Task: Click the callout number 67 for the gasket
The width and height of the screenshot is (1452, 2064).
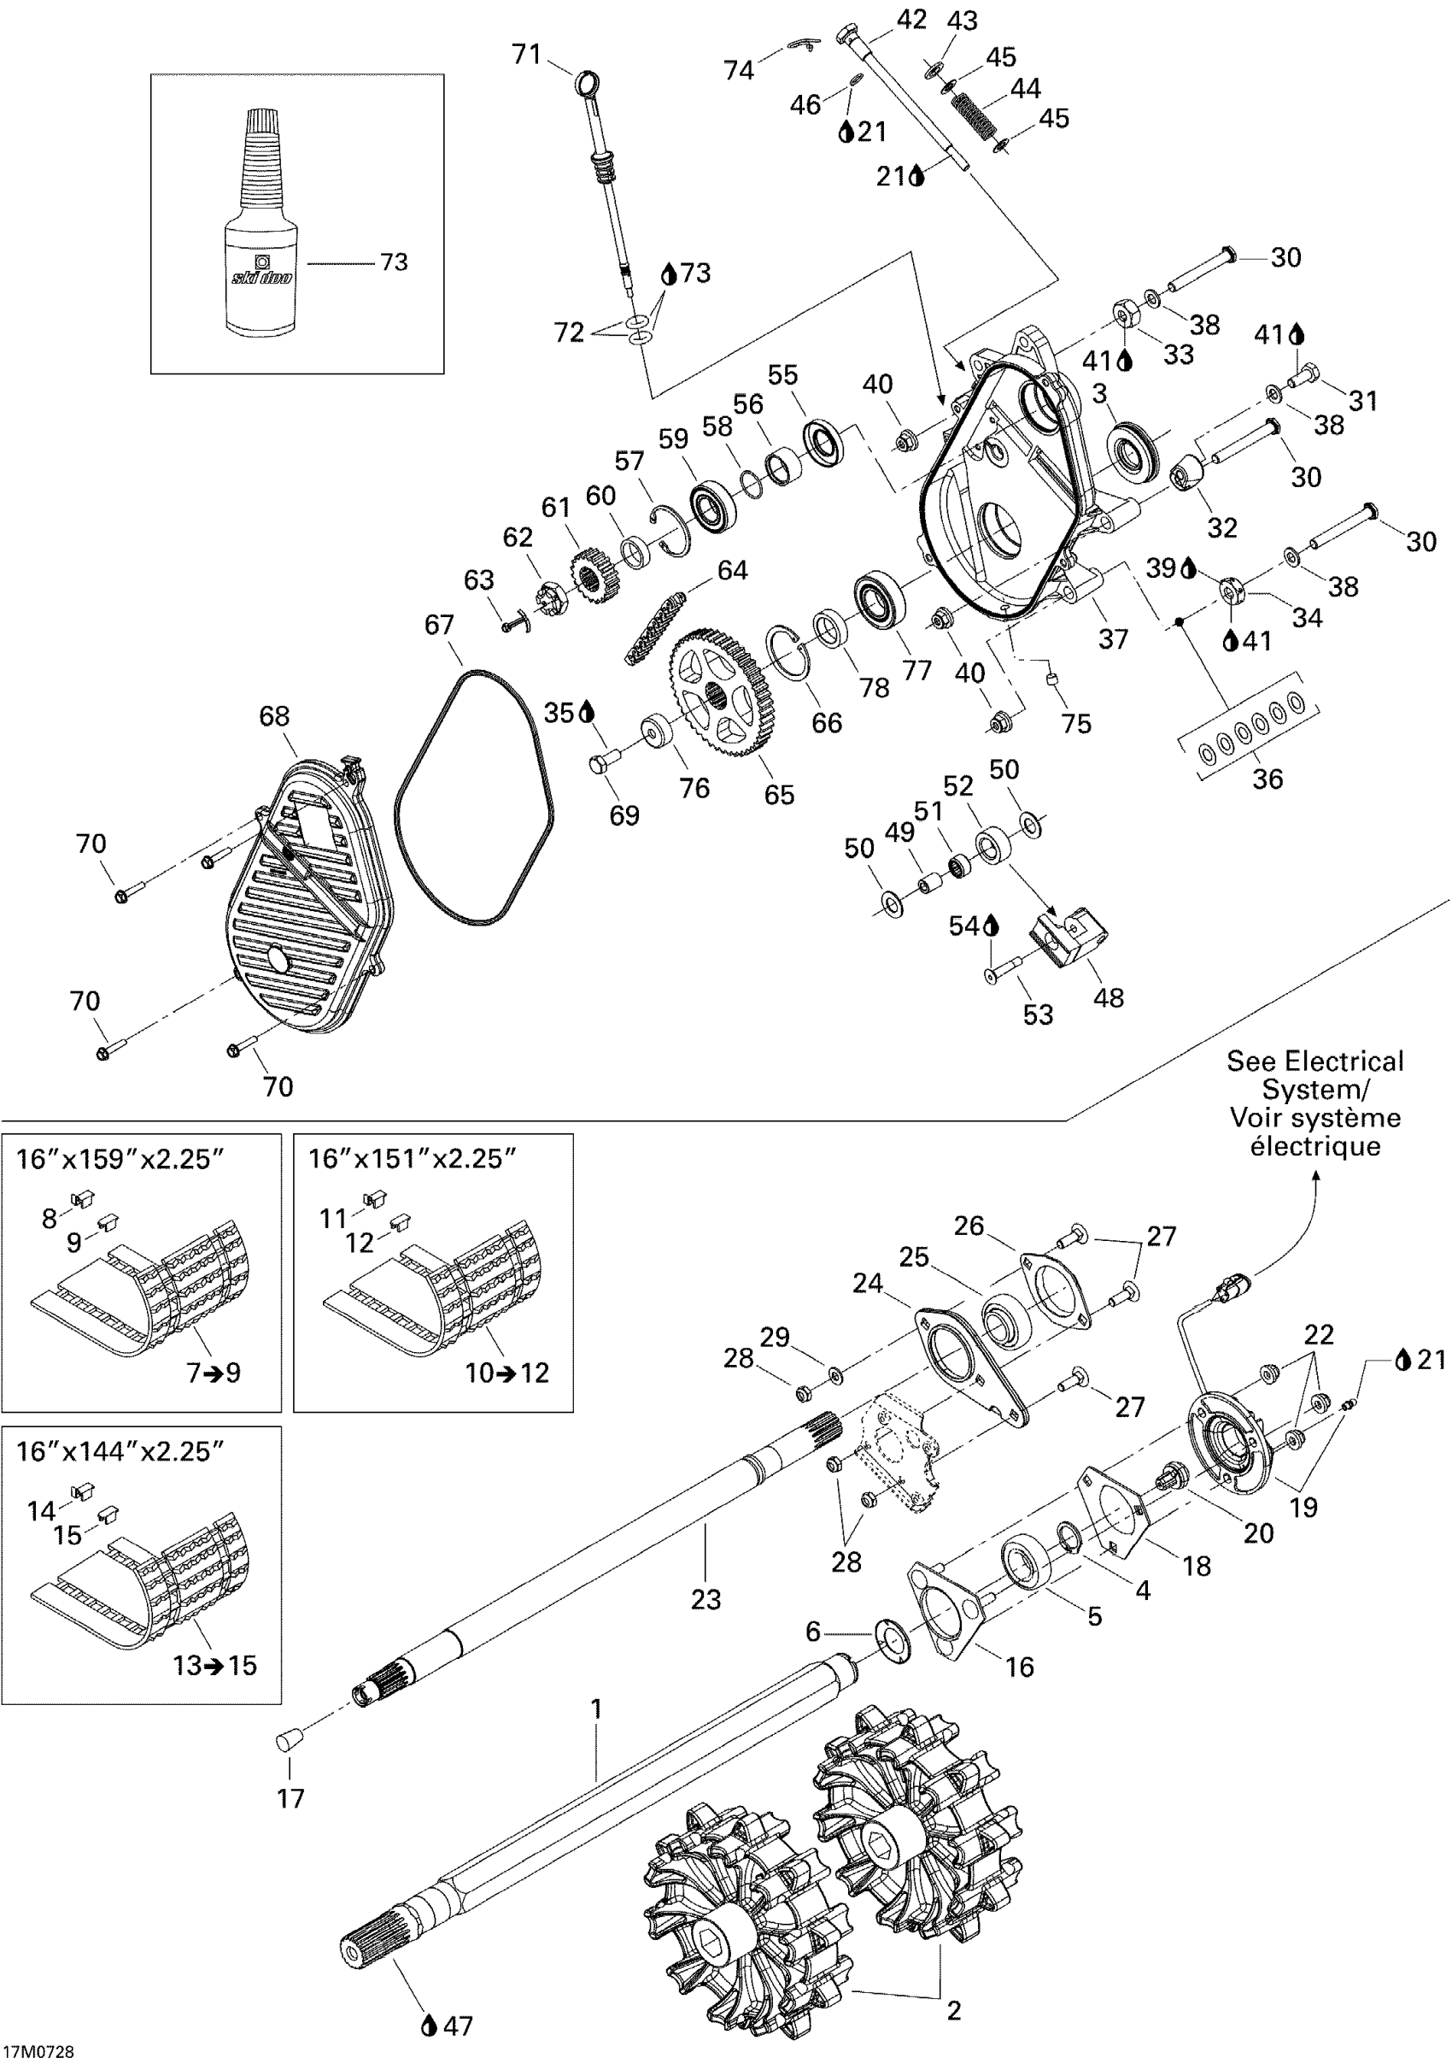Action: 438,625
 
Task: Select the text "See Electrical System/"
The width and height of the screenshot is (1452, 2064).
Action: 1314,1075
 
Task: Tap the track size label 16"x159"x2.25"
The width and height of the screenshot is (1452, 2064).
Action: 119,1159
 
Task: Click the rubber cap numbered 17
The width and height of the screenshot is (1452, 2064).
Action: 287,1741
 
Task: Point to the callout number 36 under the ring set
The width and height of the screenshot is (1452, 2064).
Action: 1267,779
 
